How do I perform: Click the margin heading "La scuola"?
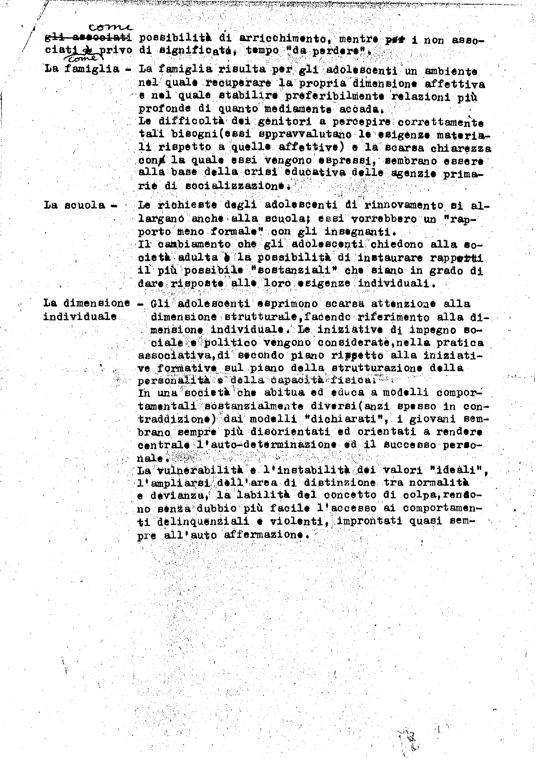point(75,205)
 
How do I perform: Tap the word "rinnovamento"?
point(400,205)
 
